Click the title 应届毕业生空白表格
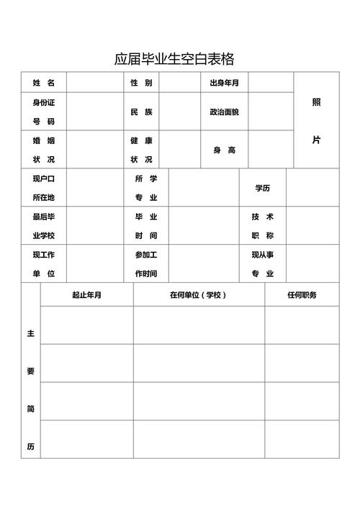pos(174,59)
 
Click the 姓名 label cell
pos(44,83)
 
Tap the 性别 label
pos(141,83)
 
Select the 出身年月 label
pos(224,83)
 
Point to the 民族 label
pos(141,112)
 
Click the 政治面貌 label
pos(224,112)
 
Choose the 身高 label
pos(224,150)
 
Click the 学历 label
pos(262,188)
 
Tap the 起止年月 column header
pos(86,294)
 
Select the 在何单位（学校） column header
pos(199,294)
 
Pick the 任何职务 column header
pos(302,294)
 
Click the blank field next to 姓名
pos(94,83)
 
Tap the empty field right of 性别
pos(179,83)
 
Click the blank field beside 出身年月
pos(271,83)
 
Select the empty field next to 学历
pos(312,188)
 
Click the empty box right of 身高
pos(271,150)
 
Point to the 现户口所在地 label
pos(44,188)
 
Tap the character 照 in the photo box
pos(317,102)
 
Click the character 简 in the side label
pos(31,409)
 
